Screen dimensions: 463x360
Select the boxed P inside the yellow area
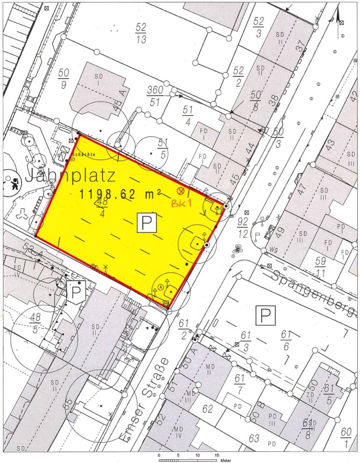point(146,225)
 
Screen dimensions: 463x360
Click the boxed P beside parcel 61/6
point(265,316)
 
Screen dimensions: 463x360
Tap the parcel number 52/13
point(141,33)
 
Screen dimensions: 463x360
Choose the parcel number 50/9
point(64,79)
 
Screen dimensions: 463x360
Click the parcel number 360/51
point(155,96)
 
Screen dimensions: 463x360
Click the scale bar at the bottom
point(188,461)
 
